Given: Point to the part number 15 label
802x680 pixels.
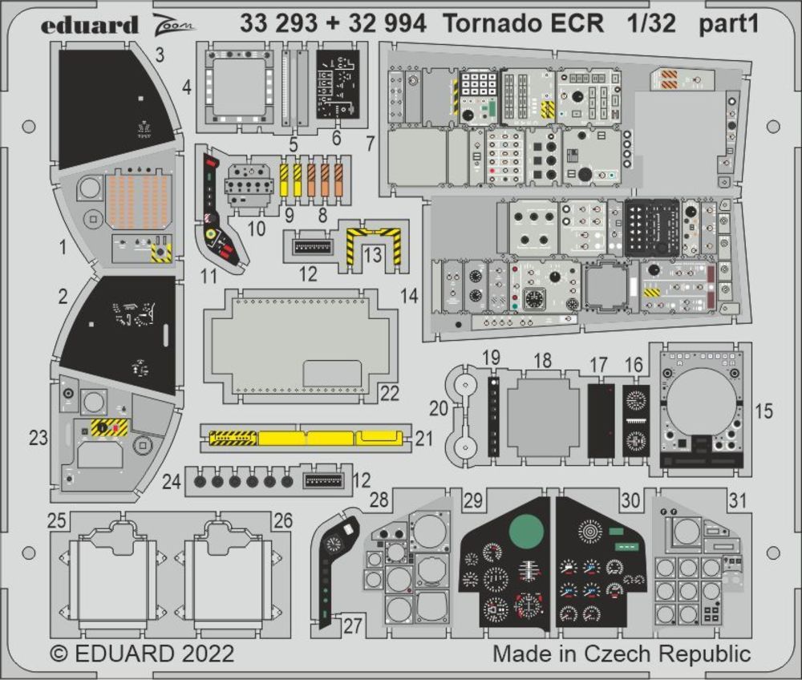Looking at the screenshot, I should tap(764, 411).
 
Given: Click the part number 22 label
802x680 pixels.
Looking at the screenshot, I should tap(390, 393).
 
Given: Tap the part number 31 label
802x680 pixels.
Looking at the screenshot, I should tap(737, 500).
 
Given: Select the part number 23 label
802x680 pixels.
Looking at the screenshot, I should tap(38, 438).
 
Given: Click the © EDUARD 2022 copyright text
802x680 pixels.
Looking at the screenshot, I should tap(142, 654).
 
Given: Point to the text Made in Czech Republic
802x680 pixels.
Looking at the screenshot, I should tap(622, 654).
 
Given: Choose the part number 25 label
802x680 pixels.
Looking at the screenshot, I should tap(56, 521).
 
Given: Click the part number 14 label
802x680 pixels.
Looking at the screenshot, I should tap(410, 296).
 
